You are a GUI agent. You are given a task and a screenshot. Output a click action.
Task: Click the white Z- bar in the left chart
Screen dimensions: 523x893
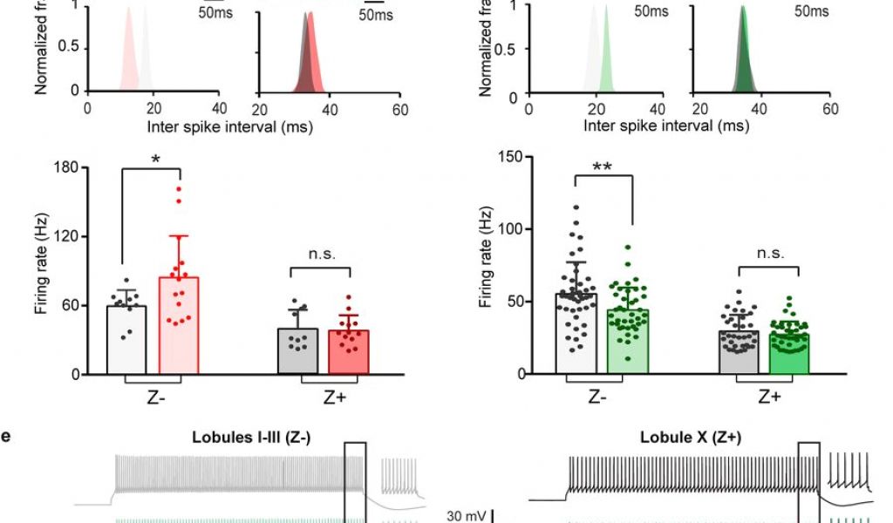[125, 340]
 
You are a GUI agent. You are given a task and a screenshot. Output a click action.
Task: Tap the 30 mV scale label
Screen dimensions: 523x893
[467, 516]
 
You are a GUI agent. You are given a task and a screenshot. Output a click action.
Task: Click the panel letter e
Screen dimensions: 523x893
[6, 435]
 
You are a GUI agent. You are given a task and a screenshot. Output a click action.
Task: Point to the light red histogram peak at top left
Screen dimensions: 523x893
[128, 11]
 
